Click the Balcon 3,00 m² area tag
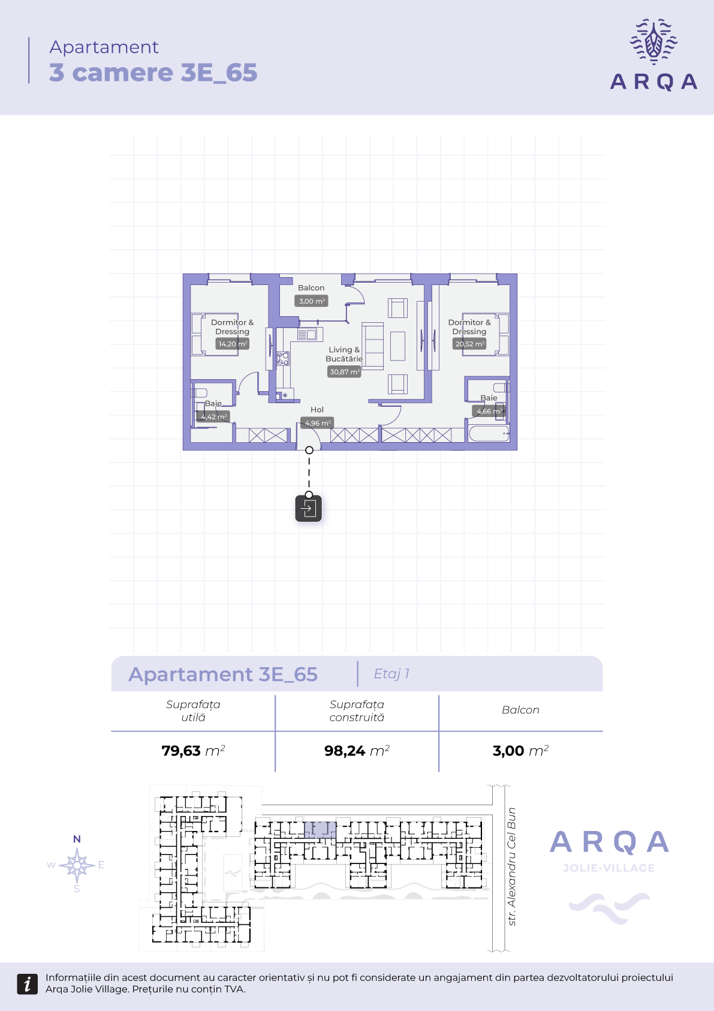click(x=311, y=301)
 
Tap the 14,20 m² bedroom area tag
click(x=232, y=344)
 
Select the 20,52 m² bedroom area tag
click(x=469, y=344)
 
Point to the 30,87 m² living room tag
click(x=344, y=372)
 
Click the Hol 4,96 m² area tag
click(x=317, y=423)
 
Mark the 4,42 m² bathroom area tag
click(x=213, y=416)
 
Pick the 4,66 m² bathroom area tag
click(x=489, y=411)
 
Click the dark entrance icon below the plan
click(x=309, y=508)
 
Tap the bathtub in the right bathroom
click(x=489, y=434)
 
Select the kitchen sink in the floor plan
click(x=310, y=334)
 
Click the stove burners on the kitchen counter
click(x=283, y=359)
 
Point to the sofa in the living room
click(x=373, y=346)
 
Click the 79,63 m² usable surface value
click(x=193, y=751)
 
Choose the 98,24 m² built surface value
click(x=357, y=751)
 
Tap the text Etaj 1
click(x=391, y=674)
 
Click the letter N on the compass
click(x=77, y=839)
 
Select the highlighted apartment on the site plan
click(x=320, y=830)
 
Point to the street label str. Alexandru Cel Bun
click(x=511, y=866)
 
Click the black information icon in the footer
click(x=28, y=984)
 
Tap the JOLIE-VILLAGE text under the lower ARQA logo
click(x=609, y=868)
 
